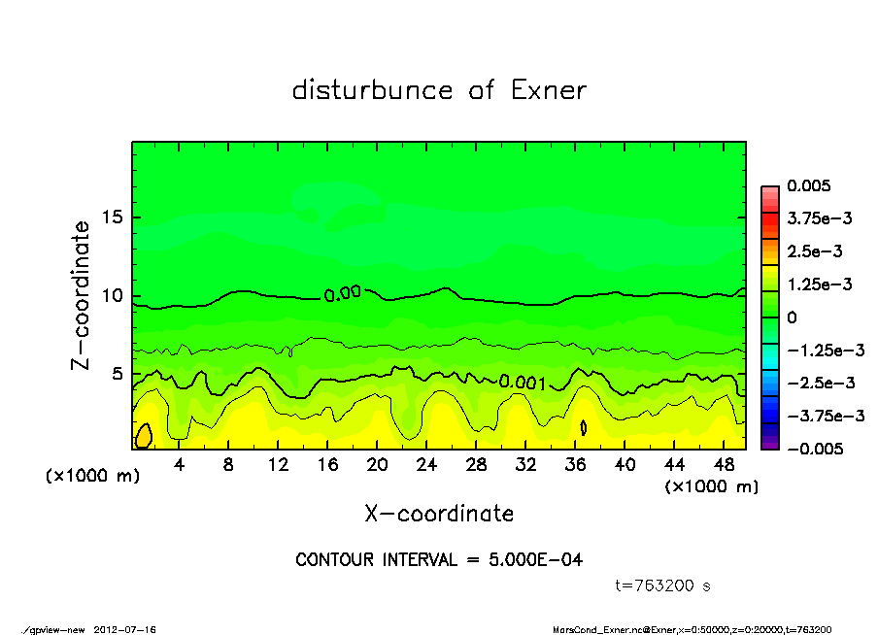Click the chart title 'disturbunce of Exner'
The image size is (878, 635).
(x=439, y=90)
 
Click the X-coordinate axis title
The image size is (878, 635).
(x=439, y=513)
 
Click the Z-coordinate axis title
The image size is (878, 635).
(x=82, y=294)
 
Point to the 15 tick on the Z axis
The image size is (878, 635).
(x=114, y=217)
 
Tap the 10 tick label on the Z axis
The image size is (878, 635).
(x=114, y=295)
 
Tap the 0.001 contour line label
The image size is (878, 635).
(x=522, y=382)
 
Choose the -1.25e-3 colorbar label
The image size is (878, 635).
(x=818, y=351)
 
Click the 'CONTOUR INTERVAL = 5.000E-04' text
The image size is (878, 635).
(x=439, y=560)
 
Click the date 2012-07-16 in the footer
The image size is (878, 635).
(x=125, y=629)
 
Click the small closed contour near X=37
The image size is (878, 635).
(x=584, y=426)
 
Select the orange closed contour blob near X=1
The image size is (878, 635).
(x=144, y=436)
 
